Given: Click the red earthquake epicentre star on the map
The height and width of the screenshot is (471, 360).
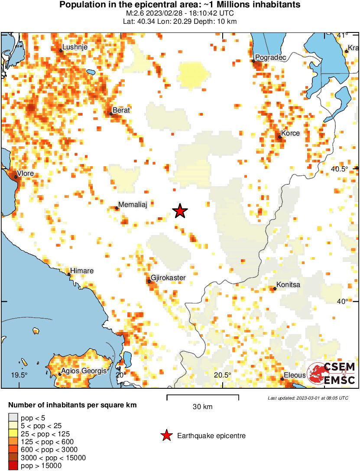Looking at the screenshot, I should coord(180,211).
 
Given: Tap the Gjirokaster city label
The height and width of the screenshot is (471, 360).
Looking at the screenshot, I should coord(168,277).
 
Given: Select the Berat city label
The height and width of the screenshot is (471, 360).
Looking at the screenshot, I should coord(121,110).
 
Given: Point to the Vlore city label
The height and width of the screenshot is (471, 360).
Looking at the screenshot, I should coord(25,174).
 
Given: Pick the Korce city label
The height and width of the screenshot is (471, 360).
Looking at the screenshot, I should coord(290,133).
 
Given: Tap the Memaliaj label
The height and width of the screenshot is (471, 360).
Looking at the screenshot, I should coord(133,205).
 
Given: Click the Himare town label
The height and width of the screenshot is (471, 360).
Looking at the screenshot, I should coord(82,271).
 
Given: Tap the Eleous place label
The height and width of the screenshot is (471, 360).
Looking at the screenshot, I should coord(295,375).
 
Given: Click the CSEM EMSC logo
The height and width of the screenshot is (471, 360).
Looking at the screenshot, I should coord(331,374).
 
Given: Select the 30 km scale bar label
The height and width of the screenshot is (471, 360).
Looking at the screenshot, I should coord(202,406).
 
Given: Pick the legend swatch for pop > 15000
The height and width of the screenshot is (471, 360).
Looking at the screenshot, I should coord(13,466).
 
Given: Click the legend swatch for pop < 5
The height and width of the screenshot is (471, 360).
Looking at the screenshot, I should coord(13,418).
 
